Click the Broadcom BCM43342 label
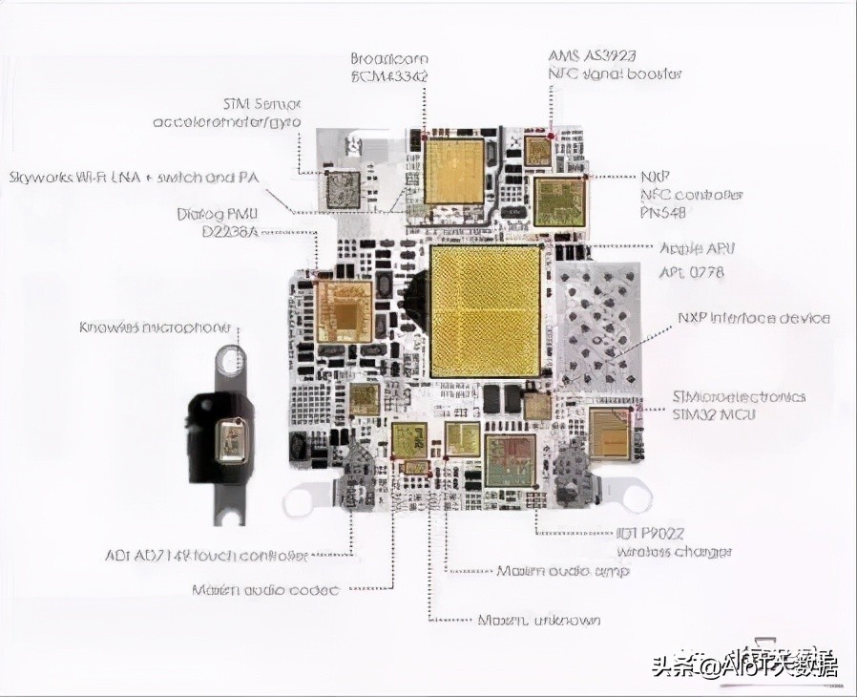coord(389,66)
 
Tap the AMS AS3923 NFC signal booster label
coord(615,64)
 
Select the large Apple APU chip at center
coord(486,310)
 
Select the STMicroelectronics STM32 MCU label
coord(738,405)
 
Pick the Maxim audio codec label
coord(265,590)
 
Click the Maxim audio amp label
coord(562,571)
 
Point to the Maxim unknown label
coord(538,621)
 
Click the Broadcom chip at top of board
coord(454,172)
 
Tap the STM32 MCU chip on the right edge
coord(611,433)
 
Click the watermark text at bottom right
coord(744,665)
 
